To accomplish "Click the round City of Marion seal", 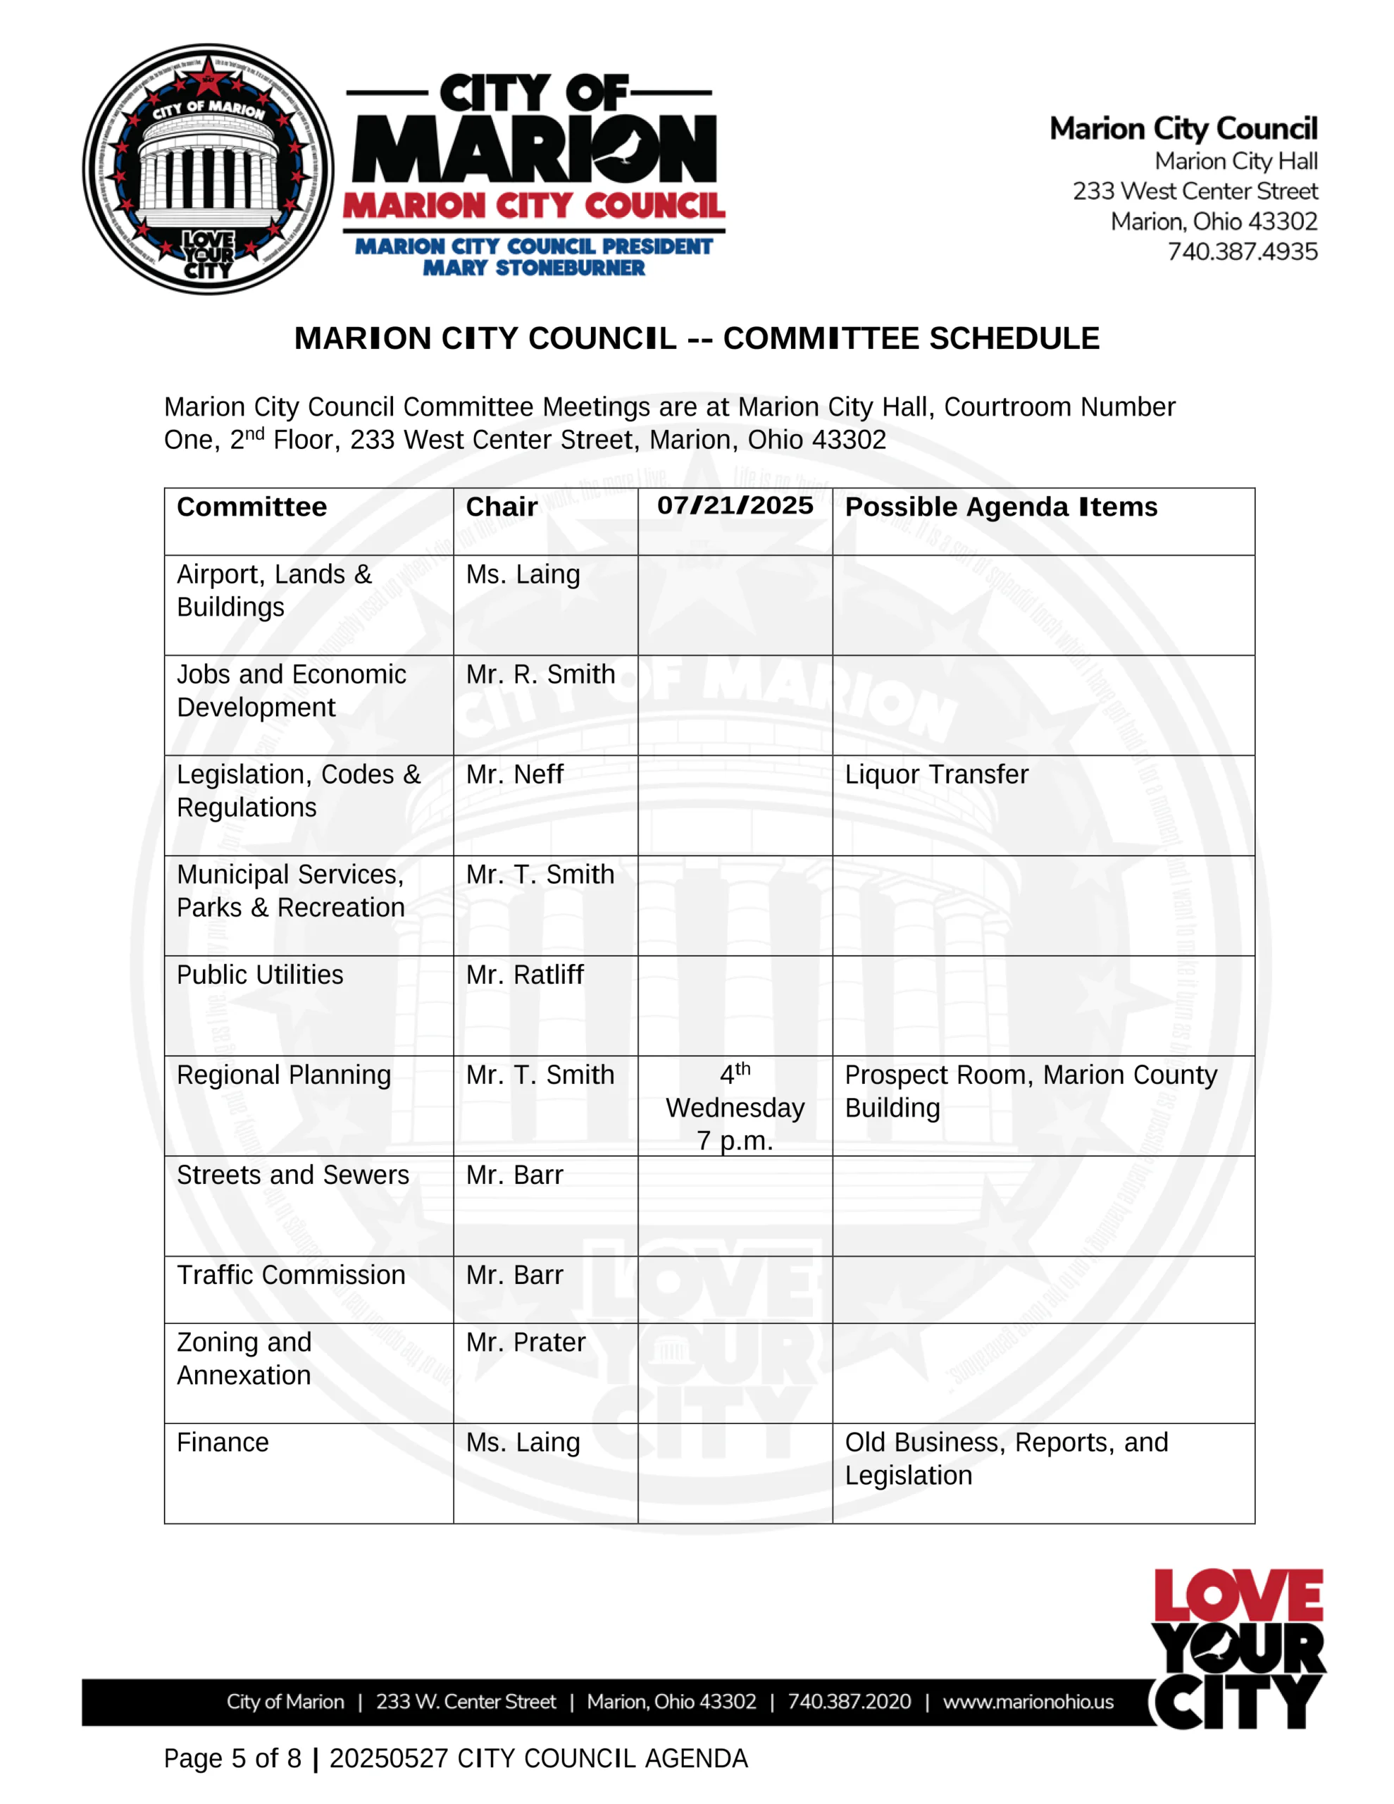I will point(208,169).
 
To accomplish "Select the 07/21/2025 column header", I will point(735,505).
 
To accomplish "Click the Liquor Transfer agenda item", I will point(936,774).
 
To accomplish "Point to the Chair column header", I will point(502,507).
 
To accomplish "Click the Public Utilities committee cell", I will point(260,975).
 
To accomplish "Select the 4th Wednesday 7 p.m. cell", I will point(735,1107).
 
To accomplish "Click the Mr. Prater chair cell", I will point(525,1342).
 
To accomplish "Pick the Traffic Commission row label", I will point(291,1275).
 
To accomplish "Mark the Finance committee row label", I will point(223,1442).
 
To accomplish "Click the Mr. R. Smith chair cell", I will point(540,675).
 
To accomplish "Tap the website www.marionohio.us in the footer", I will point(1028,1702).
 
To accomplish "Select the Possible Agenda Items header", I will point(1001,507).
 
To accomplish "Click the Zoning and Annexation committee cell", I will point(244,1359).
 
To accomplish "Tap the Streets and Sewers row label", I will point(292,1175).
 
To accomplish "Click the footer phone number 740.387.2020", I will point(849,1702).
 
